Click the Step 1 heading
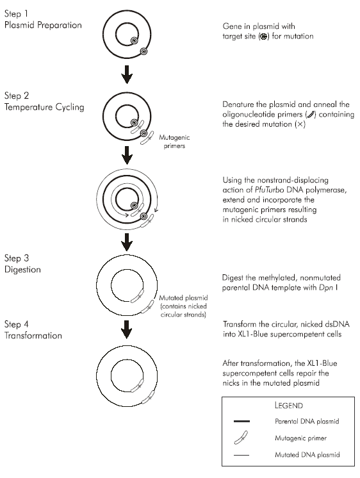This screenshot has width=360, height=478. tap(16, 13)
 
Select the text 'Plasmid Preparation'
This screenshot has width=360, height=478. tap(43, 25)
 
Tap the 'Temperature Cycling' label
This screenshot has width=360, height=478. tap(44, 107)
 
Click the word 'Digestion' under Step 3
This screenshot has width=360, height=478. tap(22, 270)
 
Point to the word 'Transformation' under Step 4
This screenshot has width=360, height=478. tap(33, 335)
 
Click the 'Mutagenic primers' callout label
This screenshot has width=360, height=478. tap(174, 142)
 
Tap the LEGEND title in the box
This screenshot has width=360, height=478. tap(289, 406)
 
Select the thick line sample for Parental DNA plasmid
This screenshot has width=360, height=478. tap(241, 422)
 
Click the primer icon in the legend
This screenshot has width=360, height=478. tap(241, 438)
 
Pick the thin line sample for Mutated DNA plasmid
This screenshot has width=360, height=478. tap(241, 455)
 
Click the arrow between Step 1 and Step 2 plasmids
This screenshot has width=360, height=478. tap(127, 74)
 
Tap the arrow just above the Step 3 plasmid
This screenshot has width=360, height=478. tap(127, 242)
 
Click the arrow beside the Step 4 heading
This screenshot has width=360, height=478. tap(127, 329)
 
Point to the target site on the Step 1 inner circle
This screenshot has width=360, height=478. tap(135, 40)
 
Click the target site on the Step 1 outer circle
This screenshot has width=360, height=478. tap(143, 51)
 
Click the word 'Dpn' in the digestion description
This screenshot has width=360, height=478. tap(326, 288)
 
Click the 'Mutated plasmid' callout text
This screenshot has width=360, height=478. tap(183, 298)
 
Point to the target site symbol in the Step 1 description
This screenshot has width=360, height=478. tap(264, 37)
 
